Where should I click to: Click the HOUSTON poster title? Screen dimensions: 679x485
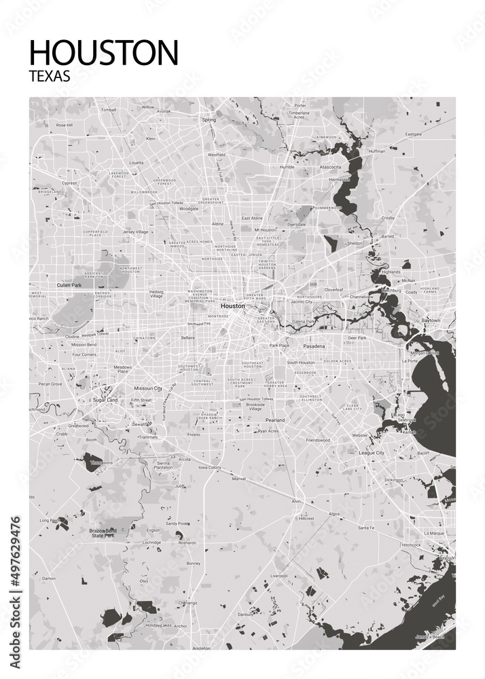pyautogui.click(x=104, y=52)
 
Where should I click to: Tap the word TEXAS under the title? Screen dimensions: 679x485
pyautogui.click(x=50, y=77)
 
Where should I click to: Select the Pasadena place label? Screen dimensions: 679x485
pyautogui.click(x=314, y=346)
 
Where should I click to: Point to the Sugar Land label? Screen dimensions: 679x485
pyautogui.click(x=105, y=401)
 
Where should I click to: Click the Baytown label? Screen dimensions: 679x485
pyautogui.click(x=431, y=320)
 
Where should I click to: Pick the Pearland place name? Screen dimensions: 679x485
pyautogui.click(x=275, y=420)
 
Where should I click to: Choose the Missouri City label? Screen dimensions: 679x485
pyautogui.click(x=147, y=388)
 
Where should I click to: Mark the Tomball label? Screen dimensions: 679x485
pyautogui.click(x=109, y=109)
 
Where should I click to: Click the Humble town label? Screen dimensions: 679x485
pyautogui.click(x=287, y=166)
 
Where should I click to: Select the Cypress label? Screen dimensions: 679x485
pyautogui.click(x=69, y=183)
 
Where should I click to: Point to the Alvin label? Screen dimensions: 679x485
pyautogui.click(x=296, y=501)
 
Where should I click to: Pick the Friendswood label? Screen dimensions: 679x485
pyautogui.click(x=317, y=440)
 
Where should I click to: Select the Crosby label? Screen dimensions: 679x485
pyautogui.click(x=388, y=218)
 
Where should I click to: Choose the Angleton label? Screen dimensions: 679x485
pyautogui.click(x=202, y=648)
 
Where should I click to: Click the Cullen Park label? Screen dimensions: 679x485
pyautogui.click(x=69, y=285)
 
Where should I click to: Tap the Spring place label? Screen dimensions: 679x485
pyautogui.click(x=209, y=120)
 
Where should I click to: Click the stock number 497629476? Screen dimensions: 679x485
pyautogui.click(x=16, y=563)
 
